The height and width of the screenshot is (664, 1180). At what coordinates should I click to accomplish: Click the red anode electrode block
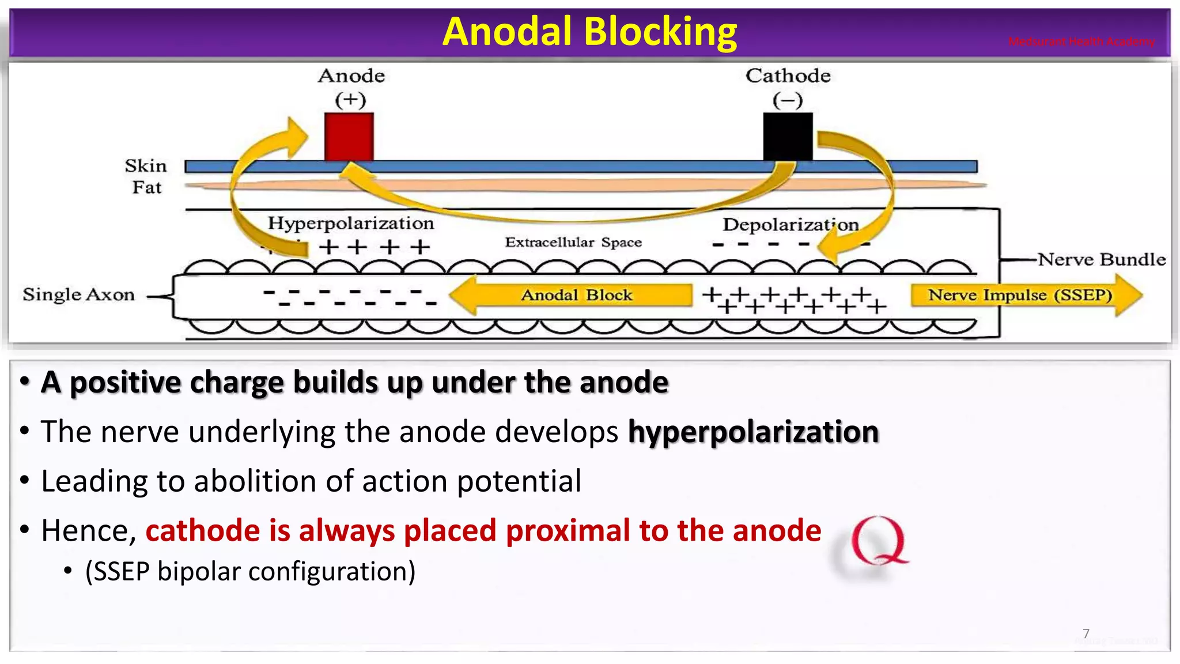tap(349, 137)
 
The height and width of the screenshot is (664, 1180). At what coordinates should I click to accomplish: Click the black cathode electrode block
tap(788, 137)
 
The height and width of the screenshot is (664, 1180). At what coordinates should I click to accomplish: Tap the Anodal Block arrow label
tap(576, 295)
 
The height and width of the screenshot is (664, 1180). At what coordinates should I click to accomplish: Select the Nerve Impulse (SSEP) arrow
tap(1020, 295)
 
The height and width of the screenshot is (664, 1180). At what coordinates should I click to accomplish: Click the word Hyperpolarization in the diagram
tap(350, 223)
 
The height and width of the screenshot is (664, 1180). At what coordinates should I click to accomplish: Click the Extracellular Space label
tap(573, 242)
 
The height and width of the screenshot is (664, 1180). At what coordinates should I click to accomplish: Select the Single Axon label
tap(78, 295)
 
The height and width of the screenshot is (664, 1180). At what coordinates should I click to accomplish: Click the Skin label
tap(145, 166)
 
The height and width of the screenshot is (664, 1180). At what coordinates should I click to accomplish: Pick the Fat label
tap(146, 187)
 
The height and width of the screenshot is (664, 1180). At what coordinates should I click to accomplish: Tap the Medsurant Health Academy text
tap(1081, 41)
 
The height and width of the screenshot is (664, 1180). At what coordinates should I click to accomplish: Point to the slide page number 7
tap(1086, 633)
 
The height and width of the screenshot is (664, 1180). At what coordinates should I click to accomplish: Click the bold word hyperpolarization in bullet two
tap(753, 432)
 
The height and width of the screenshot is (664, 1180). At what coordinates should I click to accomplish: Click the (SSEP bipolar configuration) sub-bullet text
tap(250, 572)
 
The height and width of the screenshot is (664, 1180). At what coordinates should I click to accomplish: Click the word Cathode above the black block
tap(788, 76)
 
